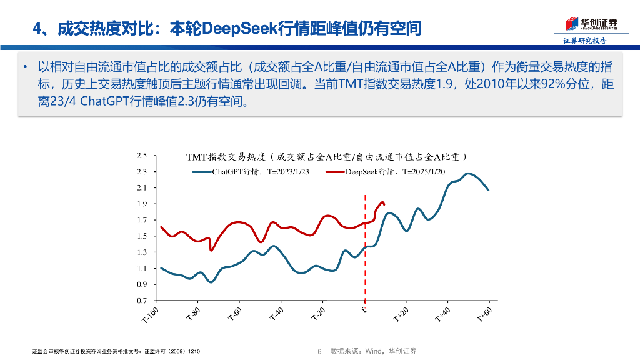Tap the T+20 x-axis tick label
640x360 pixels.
click(x=401, y=314)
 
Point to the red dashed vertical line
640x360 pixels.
click(x=365, y=250)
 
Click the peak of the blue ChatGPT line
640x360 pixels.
click(x=468, y=173)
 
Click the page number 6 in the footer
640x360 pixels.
click(x=319, y=351)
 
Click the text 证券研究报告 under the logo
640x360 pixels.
click(x=584, y=41)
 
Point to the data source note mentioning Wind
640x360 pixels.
click(x=373, y=351)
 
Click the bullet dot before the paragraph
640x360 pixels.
click(x=25, y=67)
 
